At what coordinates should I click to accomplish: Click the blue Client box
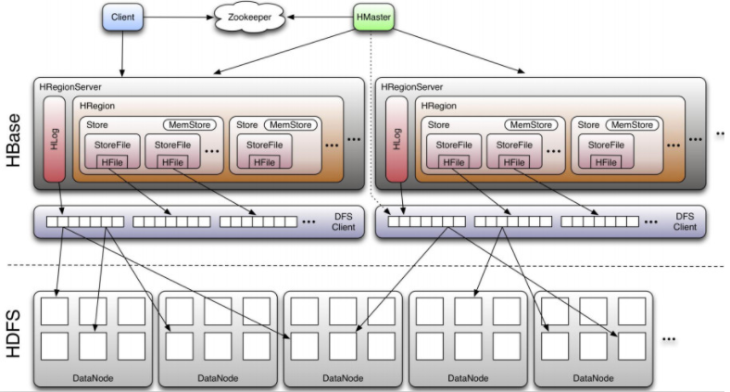click(122, 17)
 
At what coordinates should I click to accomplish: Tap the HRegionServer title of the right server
click(412, 86)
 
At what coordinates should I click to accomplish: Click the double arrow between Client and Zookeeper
click(181, 17)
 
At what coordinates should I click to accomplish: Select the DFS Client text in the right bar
click(685, 221)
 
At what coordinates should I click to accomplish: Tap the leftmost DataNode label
click(93, 378)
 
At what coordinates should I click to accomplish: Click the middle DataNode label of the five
click(343, 378)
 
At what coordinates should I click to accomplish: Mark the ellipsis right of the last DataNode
click(673, 340)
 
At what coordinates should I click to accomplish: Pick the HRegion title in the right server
click(440, 107)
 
